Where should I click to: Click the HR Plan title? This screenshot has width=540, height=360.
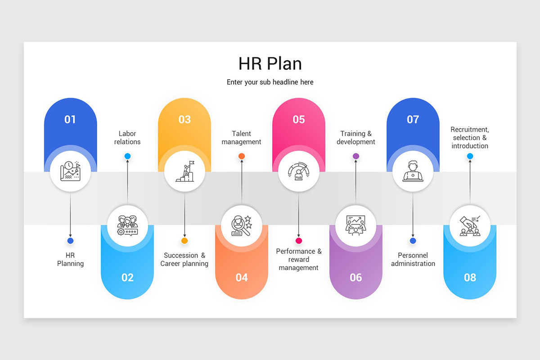click(x=270, y=63)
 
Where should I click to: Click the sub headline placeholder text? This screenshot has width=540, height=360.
click(x=270, y=82)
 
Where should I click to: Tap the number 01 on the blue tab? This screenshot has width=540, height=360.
click(x=70, y=119)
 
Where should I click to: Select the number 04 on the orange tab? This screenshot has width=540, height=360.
click(x=242, y=278)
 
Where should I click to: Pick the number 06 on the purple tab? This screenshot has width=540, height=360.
click(x=356, y=278)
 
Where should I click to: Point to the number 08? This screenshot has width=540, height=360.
click(x=470, y=278)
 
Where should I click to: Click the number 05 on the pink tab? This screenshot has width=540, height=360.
click(x=299, y=119)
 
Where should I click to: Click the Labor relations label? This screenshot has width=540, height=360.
click(x=127, y=138)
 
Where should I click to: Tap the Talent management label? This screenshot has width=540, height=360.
click(x=242, y=138)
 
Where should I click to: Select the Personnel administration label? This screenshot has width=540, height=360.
click(x=413, y=260)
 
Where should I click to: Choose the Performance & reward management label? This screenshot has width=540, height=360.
click(x=299, y=260)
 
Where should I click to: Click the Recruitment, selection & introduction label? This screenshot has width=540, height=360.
click(x=470, y=138)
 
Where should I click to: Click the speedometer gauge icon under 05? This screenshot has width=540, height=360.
click(x=299, y=172)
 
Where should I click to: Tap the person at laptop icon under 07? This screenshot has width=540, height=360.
click(x=413, y=172)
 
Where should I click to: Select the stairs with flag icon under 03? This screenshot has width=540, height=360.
click(x=184, y=172)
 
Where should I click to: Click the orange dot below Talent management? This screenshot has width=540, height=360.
click(x=242, y=156)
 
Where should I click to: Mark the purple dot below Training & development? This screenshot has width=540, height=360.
click(x=356, y=156)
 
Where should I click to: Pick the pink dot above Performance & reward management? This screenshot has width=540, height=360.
click(x=299, y=241)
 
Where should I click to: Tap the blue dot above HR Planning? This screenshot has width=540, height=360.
click(x=70, y=241)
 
